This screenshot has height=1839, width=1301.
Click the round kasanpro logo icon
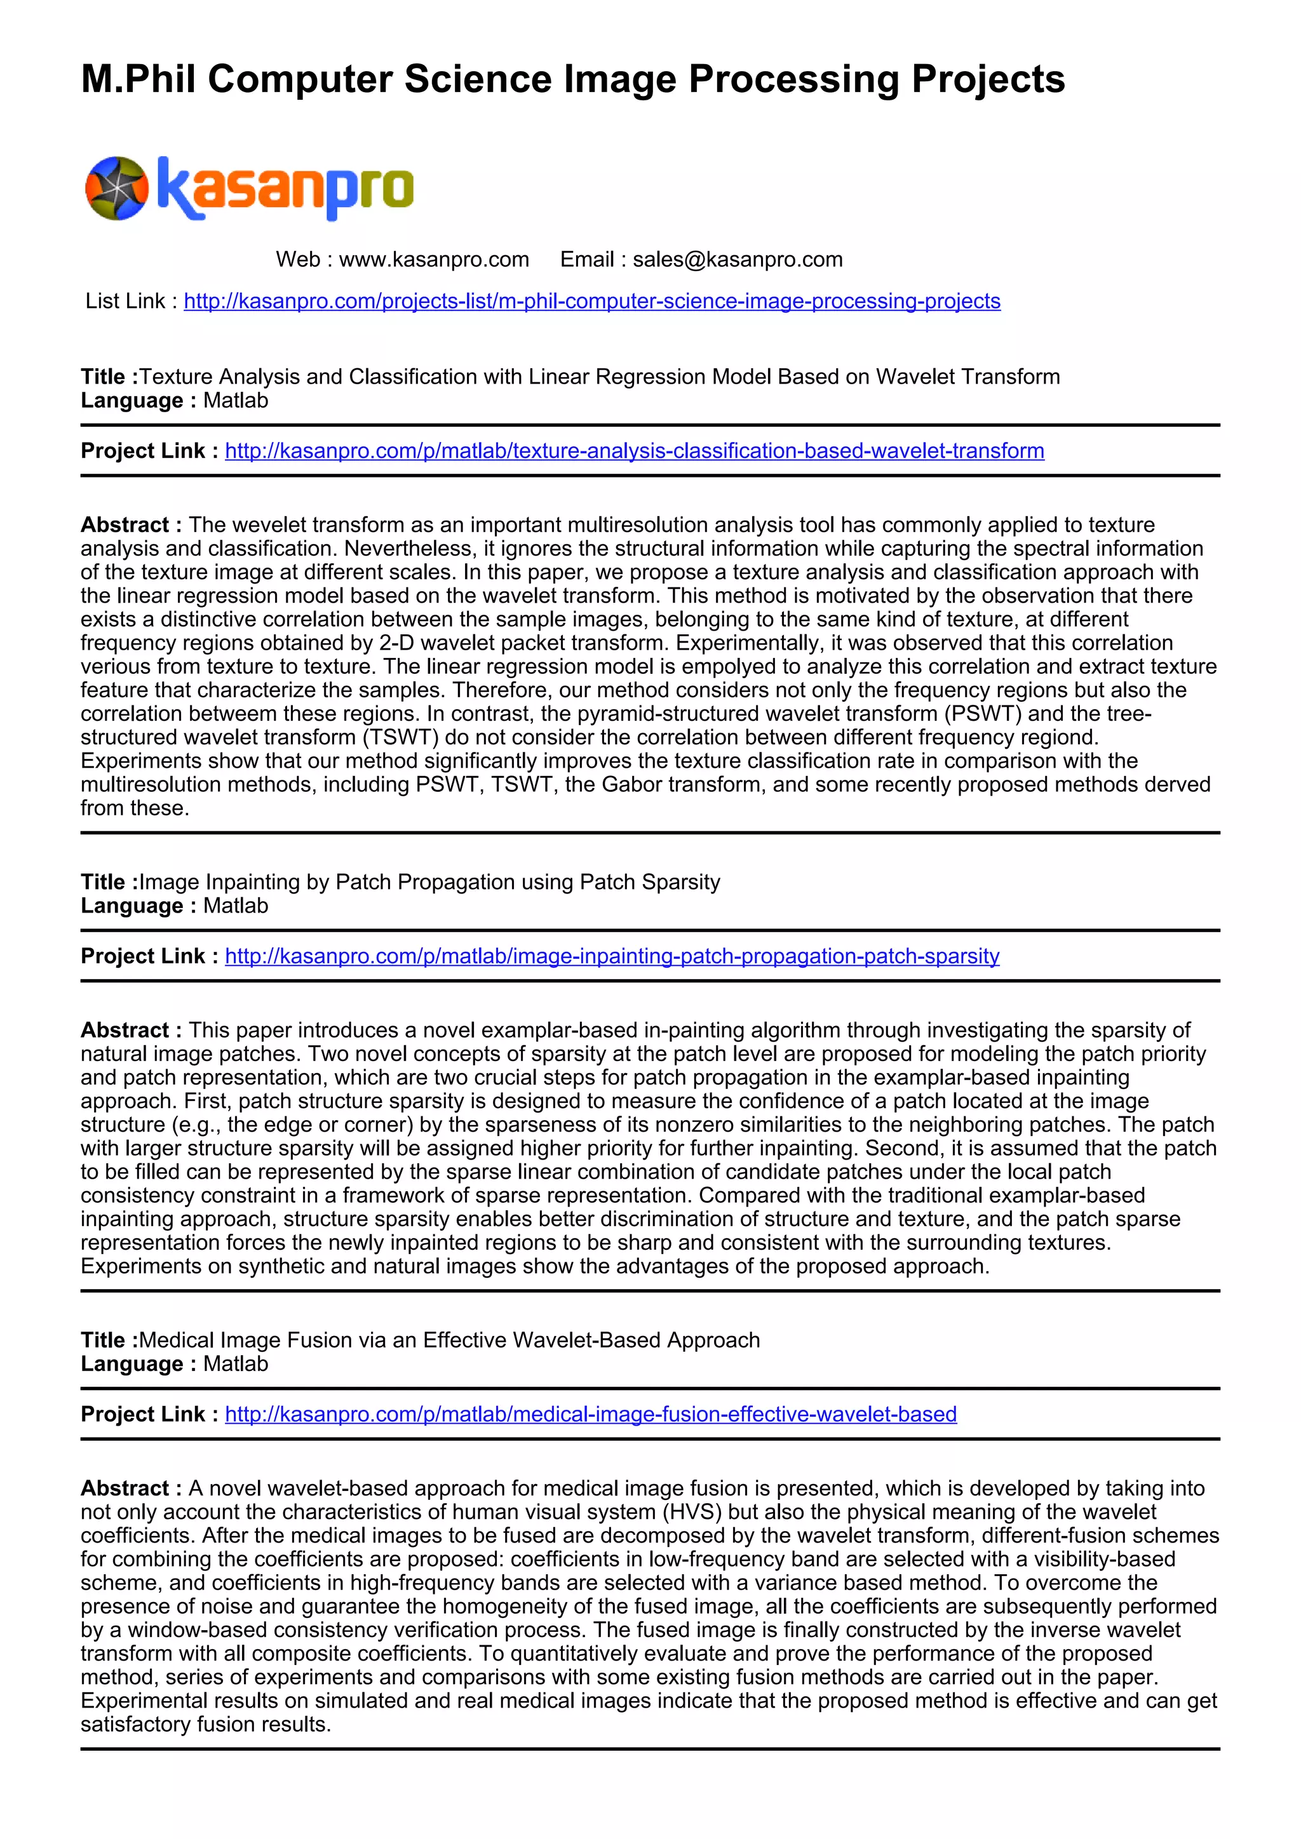(x=117, y=188)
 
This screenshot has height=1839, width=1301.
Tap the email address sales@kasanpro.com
(x=737, y=260)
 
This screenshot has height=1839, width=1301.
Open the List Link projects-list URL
(x=592, y=301)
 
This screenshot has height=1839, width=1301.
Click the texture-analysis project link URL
(x=634, y=451)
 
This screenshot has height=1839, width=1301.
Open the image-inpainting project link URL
(x=611, y=956)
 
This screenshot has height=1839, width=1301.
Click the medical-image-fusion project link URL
(x=590, y=1414)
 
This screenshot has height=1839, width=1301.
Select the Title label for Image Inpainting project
(x=108, y=883)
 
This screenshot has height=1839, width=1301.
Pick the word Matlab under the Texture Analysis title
(x=236, y=401)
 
